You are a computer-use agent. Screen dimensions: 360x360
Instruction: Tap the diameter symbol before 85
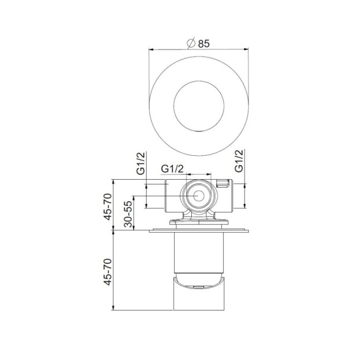pos(191,43)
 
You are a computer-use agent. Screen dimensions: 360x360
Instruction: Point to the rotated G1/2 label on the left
pos(141,163)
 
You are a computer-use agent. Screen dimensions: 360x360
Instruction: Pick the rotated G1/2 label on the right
pos(239,163)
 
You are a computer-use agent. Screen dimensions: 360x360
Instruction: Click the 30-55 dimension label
pos(129,214)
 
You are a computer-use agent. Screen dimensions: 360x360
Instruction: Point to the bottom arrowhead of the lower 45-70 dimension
pos(116,308)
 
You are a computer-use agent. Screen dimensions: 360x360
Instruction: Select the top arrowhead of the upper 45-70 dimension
pos(116,181)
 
